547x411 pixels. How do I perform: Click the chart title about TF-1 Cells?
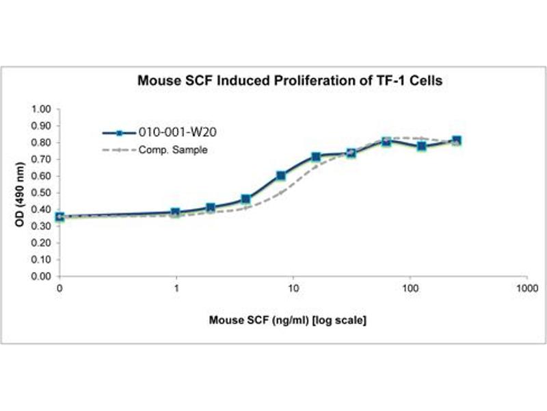coord(290,81)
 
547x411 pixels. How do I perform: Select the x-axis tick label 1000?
coord(526,289)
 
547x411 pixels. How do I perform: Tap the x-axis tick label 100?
coord(410,289)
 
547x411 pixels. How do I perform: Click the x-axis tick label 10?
coord(293,289)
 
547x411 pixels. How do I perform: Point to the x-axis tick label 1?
coord(176,289)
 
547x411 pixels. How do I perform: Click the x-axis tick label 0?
coord(59,289)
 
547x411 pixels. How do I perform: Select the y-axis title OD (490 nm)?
coord(20,193)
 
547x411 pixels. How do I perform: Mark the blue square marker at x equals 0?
coord(59,217)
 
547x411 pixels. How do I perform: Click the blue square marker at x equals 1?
coord(176,212)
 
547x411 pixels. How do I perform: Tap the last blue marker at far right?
coord(457,140)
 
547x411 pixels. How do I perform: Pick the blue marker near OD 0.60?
coord(281,176)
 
